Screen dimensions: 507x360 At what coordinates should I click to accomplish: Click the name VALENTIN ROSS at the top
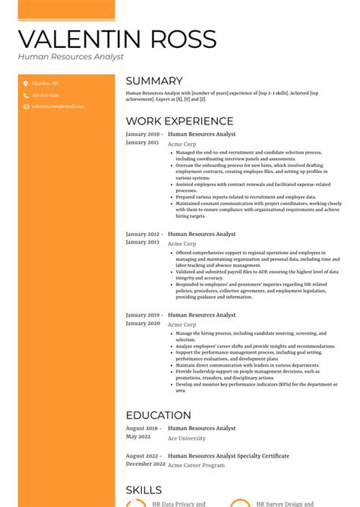click(117, 39)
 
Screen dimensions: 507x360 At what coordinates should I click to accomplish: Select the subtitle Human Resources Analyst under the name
click(71, 57)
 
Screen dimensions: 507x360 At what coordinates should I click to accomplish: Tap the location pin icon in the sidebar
click(25, 83)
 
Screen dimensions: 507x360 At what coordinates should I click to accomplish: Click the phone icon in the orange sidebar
click(25, 96)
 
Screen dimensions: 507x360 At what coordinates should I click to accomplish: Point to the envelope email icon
click(25, 106)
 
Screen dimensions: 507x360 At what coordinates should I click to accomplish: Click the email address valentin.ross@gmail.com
click(58, 106)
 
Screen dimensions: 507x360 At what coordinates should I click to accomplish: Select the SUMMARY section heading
click(154, 81)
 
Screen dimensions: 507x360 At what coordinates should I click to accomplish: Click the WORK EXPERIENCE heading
click(179, 121)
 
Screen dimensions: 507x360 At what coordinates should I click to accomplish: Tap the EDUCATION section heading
click(158, 415)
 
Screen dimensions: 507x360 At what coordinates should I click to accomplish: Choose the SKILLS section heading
click(144, 490)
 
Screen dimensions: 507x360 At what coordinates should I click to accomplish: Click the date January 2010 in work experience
click(143, 134)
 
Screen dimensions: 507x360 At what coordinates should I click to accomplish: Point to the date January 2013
click(143, 242)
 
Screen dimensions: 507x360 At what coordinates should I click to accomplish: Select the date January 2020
click(143, 323)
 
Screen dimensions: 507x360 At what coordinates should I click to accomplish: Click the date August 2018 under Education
click(142, 428)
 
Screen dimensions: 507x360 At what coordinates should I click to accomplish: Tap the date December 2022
click(144, 463)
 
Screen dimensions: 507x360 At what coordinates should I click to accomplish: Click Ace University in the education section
click(186, 439)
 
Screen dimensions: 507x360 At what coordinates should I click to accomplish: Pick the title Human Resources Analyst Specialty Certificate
click(228, 456)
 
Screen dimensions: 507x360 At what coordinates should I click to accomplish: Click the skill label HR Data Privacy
click(178, 503)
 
